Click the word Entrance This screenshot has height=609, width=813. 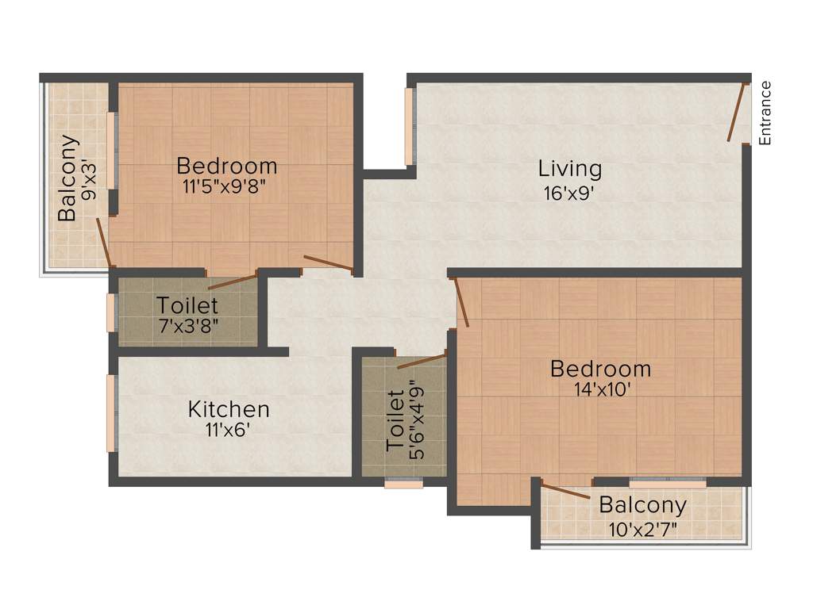[765, 113]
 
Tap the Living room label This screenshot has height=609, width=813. [570, 169]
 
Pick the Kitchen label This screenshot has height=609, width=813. [229, 410]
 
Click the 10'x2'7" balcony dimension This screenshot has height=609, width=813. [643, 527]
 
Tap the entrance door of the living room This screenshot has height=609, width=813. [738, 111]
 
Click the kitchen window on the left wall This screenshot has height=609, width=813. [111, 412]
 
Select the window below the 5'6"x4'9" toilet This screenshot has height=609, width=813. [403, 483]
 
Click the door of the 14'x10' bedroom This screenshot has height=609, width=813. [462, 301]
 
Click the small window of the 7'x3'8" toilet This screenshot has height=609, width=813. [111, 312]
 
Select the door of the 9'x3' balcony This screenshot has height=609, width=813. [103, 243]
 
